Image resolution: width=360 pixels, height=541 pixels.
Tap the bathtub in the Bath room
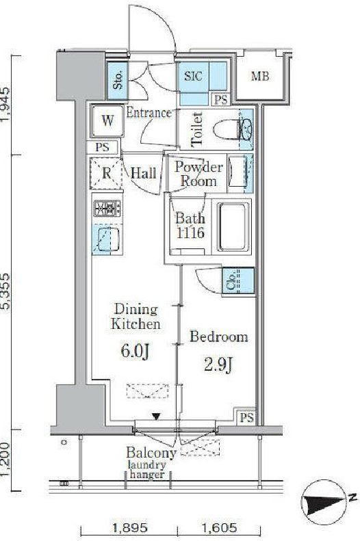pyautogui.click(x=233, y=226)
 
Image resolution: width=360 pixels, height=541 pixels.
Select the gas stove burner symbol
pyautogui.click(x=107, y=208)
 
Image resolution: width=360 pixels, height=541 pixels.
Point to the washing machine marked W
pyautogui.click(x=107, y=121)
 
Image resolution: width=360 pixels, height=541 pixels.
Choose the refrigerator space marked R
pyautogui.click(x=106, y=173)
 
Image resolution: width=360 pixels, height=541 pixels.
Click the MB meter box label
pyautogui.click(x=260, y=76)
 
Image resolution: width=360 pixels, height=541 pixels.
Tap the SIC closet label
pyautogui.click(x=193, y=76)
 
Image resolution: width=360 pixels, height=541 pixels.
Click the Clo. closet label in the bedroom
pyautogui.click(x=231, y=282)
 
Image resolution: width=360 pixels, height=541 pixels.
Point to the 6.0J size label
pyautogui.click(x=135, y=352)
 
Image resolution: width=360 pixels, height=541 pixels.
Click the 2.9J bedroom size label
pyautogui.click(x=218, y=366)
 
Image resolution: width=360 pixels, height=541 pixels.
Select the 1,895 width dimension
pyautogui.click(x=130, y=527)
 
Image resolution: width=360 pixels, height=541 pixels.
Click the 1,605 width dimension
pyautogui.click(x=219, y=527)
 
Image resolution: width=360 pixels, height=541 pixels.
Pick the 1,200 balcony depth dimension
pyautogui.click(x=6, y=460)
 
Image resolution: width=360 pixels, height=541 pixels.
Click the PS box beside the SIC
pyautogui.click(x=221, y=100)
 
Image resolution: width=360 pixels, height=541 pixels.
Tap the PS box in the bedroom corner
pyautogui.click(x=246, y=417)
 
